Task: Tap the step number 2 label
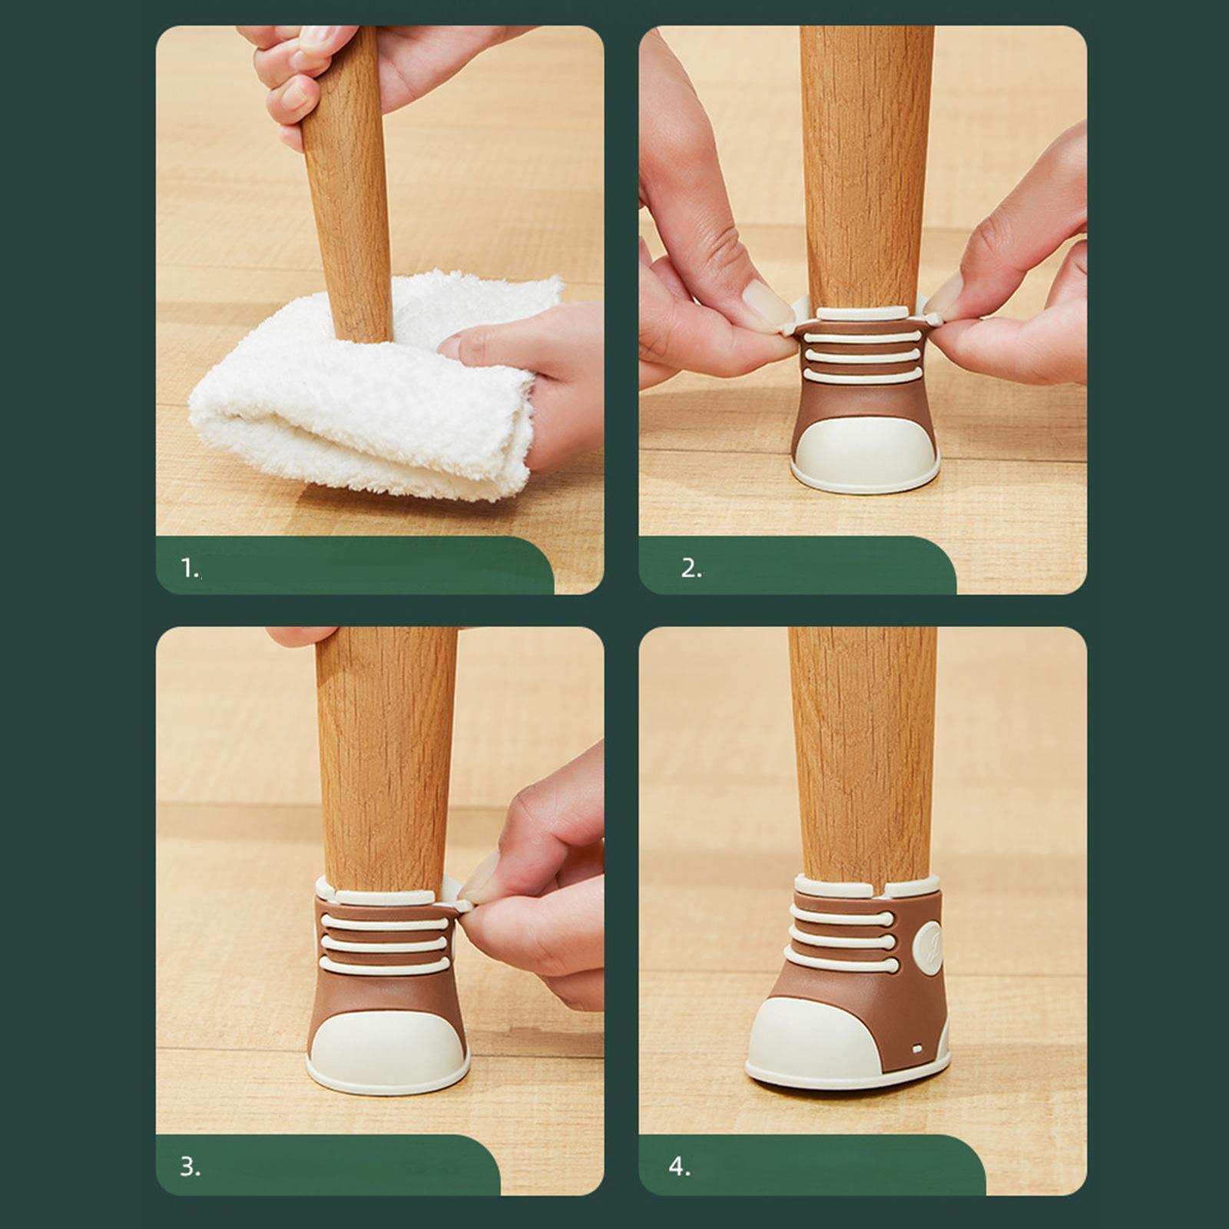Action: (x=691, y=568)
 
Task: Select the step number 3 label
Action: (x=190, y=1167)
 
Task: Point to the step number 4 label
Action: (x=679, y=1167)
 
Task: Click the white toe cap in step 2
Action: (x=864, y=453)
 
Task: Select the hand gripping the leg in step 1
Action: (x=307, y=69)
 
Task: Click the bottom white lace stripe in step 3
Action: (x=384, y=964)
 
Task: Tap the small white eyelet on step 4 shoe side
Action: (x=917, y=1048)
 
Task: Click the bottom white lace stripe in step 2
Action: (x=862, y=375)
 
